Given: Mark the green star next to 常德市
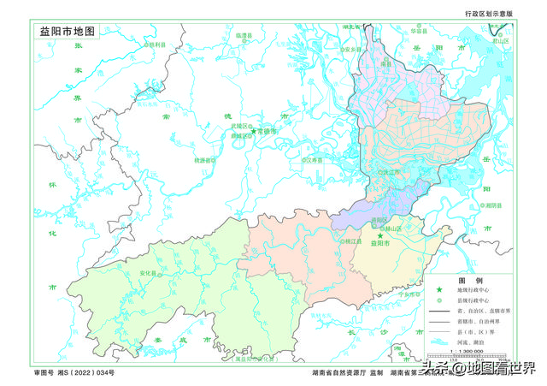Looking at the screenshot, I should [253, 131].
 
